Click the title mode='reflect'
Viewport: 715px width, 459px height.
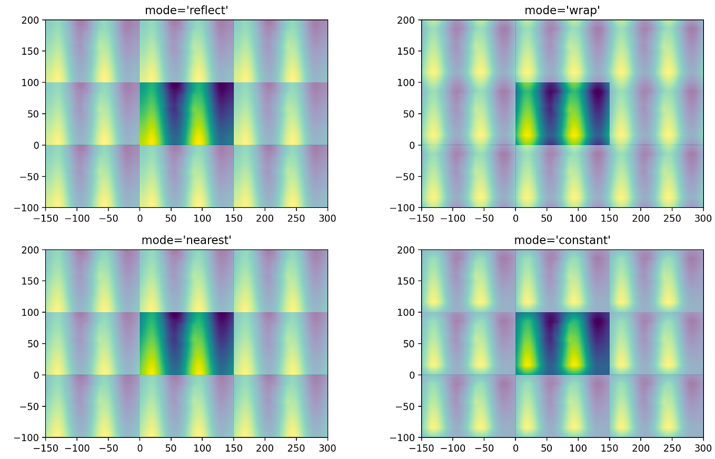(x=186, y=10)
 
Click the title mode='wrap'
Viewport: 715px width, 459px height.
(x=562, y=10)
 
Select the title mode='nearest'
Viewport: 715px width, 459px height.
(x=186, y=240)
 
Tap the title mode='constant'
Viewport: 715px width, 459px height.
(x=562, y=240)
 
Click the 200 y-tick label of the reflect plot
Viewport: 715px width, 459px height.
(x=34, y=20)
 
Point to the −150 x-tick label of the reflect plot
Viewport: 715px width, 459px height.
(x=43, y=217)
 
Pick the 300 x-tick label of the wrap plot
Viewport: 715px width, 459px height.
(x=703, y=217)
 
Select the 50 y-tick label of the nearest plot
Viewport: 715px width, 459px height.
(x=36, y=344)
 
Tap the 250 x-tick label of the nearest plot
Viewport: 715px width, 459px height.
(x=296, y=447)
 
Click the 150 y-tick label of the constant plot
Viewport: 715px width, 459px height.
(x=410, y=281)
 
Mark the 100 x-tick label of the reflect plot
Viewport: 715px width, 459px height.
(x=202, y=217)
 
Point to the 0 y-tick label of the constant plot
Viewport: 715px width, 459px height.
(x=414, y=375)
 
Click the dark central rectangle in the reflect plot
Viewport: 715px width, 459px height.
(x=186, y=114)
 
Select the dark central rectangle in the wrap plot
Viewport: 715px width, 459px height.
(x=562, y=114)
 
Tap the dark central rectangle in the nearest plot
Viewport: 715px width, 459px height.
(x=186, y=344)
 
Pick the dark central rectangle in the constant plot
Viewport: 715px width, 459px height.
(x=562, y=344)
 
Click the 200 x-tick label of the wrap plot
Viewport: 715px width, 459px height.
(x=641, y=217)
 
